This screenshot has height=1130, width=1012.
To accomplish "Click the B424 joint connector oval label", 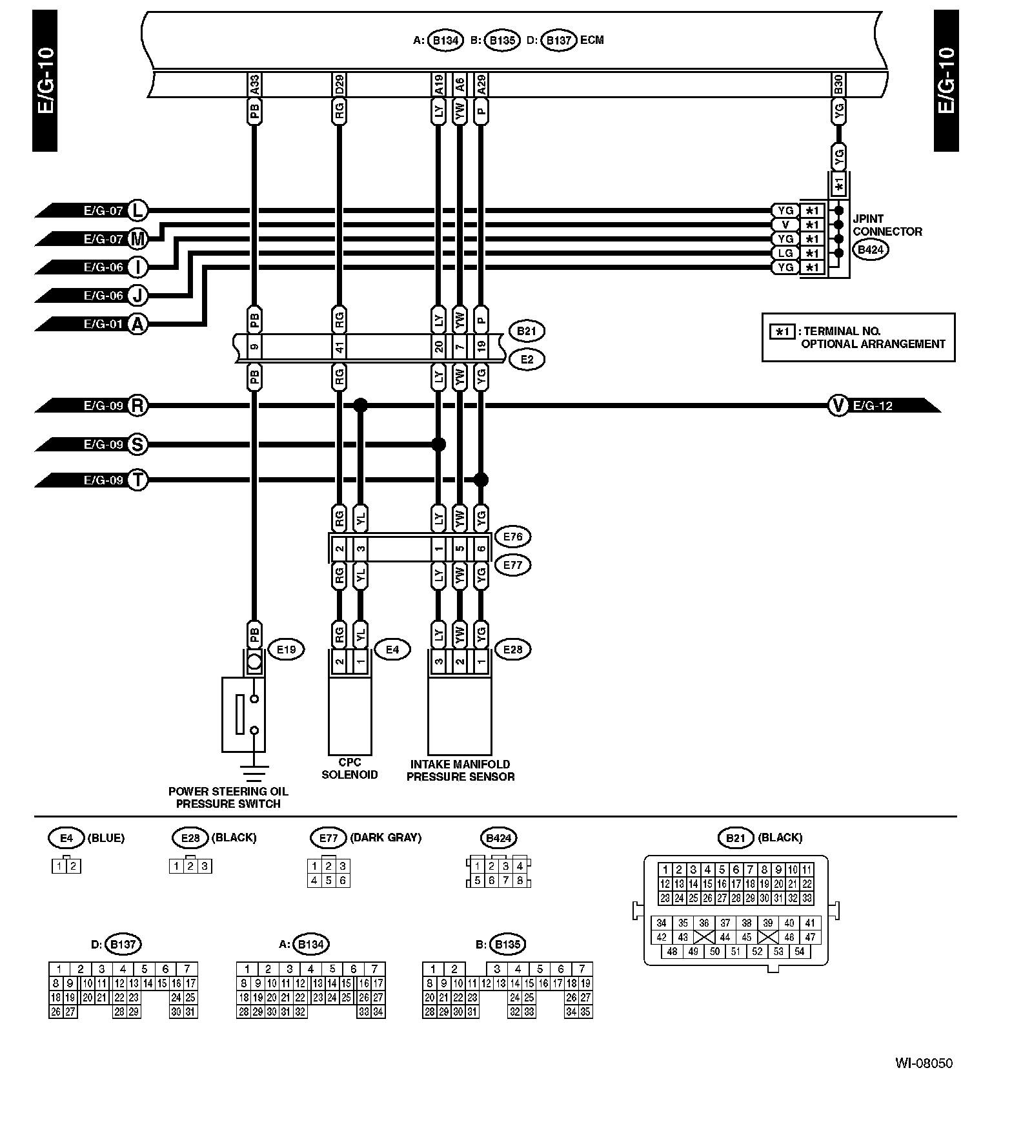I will pos(870,249).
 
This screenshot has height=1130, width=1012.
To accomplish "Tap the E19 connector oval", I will pos(285,650).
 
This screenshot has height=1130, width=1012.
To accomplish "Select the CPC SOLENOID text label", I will pos(349,768).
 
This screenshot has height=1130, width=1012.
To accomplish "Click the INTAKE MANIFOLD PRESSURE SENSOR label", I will pos(460,770).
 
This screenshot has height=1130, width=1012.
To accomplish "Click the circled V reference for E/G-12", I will pos(838,406).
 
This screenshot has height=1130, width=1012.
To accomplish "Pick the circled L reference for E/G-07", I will pos(137,210).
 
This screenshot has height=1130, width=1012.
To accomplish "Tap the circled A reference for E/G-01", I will pos(137,324).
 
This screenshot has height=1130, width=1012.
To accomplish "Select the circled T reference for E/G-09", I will pos(137,480).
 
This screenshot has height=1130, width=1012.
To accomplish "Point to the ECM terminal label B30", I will pos(838,84).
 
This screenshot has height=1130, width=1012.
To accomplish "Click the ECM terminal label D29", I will pos(339,84).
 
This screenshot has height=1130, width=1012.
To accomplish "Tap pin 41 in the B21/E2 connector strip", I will pos(339,348).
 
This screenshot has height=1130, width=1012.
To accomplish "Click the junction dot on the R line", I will pos(361,406).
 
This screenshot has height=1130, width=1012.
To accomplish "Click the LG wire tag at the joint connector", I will pos(785,253).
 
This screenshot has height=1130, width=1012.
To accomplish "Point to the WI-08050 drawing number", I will pos(923,1063).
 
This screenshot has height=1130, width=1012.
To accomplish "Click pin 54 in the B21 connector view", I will pos(799,951).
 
